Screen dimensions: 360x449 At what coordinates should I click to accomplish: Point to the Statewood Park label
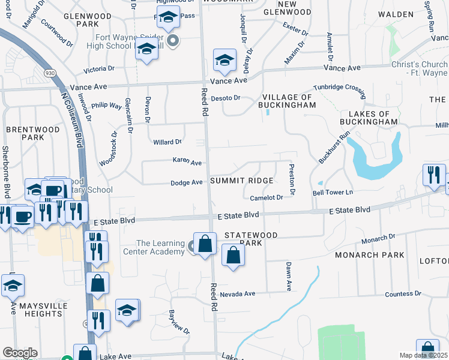250,239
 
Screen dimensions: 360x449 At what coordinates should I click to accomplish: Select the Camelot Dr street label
267,197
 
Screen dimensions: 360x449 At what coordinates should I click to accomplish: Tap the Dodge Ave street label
186,182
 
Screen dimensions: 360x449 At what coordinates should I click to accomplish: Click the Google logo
20,353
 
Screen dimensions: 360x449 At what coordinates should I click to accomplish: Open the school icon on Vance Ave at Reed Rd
224,60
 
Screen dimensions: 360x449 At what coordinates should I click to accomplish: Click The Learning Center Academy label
160,247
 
